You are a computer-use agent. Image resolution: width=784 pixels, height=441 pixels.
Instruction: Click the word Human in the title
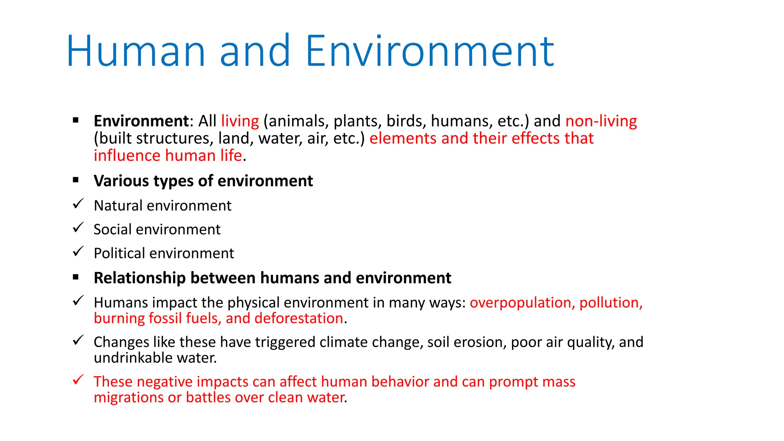click(x=136, y=51)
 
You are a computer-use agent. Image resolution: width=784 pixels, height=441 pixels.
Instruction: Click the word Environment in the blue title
click(x=430, y=51)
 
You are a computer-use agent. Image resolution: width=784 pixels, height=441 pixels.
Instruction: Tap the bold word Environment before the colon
click(x=141, y=121)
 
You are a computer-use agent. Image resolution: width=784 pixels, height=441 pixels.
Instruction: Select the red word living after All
click(x=240, y=121)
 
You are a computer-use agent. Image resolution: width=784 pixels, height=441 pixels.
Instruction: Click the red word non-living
click(x=601, y=121)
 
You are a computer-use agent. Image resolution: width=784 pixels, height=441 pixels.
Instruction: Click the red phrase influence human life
click(x=168, y=156)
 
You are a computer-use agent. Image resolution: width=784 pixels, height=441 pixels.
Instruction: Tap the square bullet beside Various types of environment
click(x=76, y=180)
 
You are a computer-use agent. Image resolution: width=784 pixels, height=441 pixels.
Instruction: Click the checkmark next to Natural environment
click(x=78, y=204)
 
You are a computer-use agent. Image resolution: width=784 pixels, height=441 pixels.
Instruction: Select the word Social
click(x=113, y=229)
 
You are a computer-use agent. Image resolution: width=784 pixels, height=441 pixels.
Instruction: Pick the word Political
click(x=119, y=253)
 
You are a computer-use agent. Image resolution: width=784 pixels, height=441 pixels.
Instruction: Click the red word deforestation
click(x=299, y=318)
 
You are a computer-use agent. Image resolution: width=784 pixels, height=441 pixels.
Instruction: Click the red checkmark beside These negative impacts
click(x=78, y=380)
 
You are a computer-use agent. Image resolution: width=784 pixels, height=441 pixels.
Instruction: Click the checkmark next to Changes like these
click(x=78, y=340)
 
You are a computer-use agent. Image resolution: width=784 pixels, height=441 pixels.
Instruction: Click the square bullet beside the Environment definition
click(x=76, y=120)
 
